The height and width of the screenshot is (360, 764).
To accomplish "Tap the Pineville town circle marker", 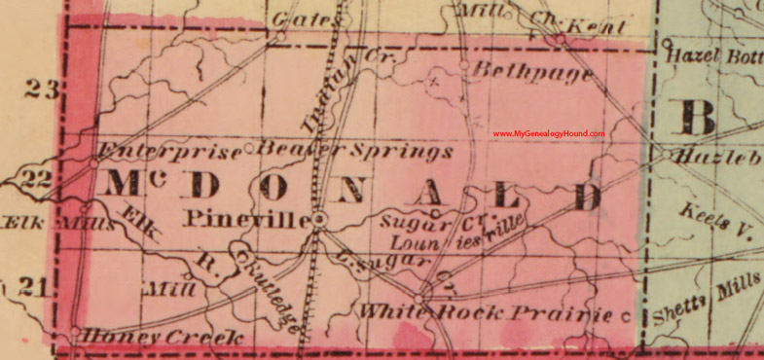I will (x=318, y=221).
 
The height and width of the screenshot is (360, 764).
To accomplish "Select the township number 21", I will (x=32, y=286).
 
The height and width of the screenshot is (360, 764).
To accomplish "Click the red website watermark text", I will (x=548, y=134).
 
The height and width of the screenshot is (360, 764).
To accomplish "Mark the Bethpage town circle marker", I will (x=462, y=66).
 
